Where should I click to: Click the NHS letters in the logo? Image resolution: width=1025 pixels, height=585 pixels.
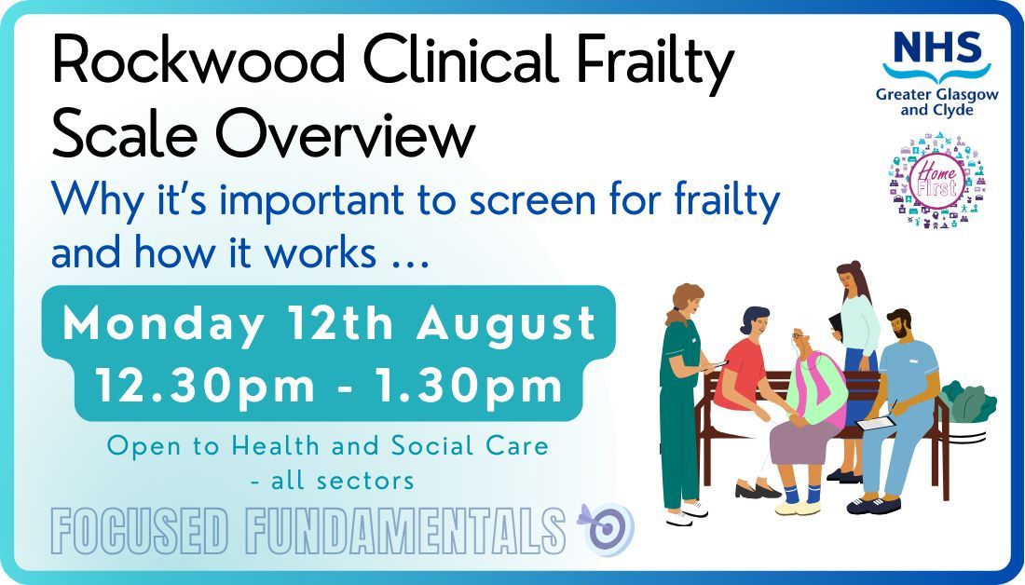coord(936,47)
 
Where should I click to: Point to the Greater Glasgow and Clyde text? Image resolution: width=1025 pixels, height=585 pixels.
coord(936,100)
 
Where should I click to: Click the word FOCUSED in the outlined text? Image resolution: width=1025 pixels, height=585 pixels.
coord(139,531)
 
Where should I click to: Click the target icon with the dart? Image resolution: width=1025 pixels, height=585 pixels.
coord(608,526)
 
